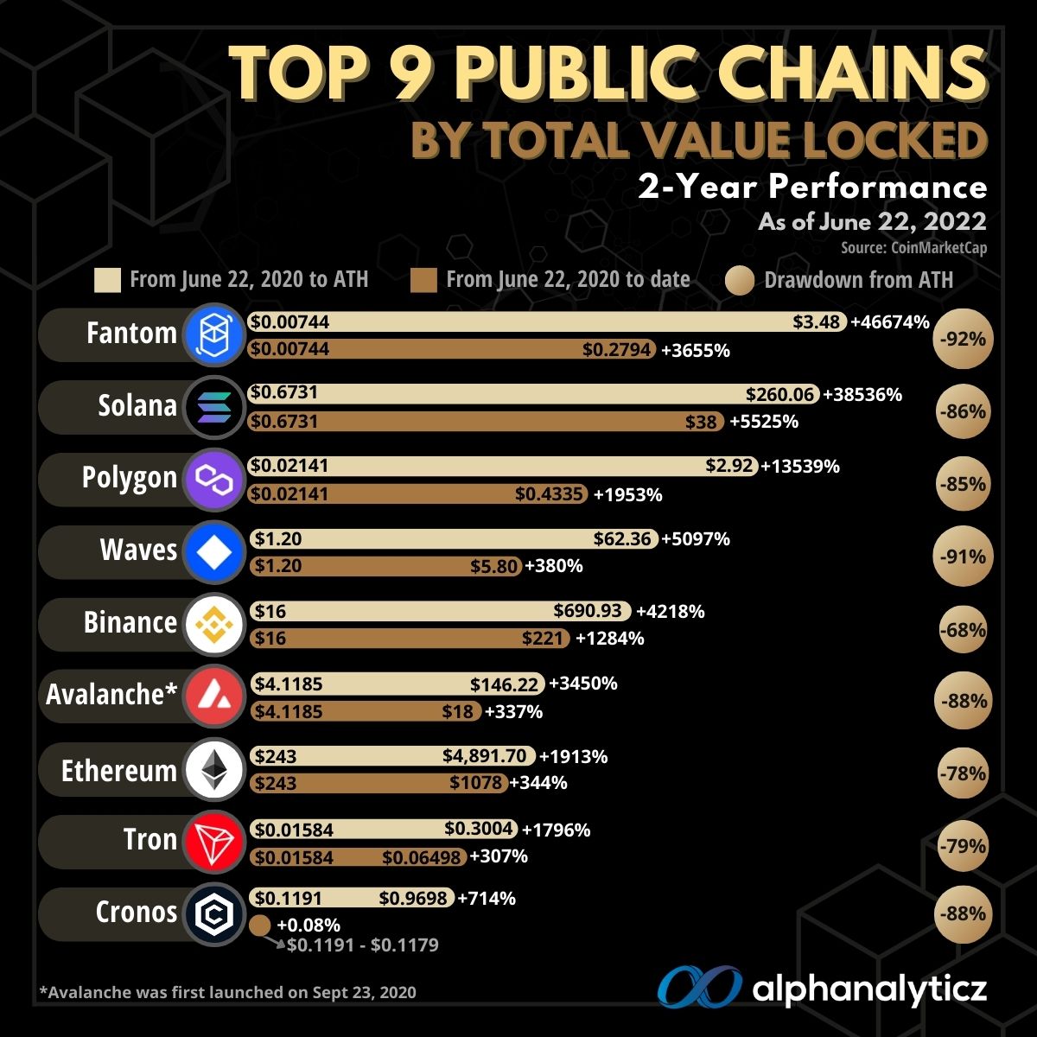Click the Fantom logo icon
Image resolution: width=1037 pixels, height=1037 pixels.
point(213,334)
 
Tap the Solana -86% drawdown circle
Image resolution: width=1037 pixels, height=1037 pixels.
point(964,411)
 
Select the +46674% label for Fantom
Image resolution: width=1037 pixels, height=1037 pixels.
point(890,322)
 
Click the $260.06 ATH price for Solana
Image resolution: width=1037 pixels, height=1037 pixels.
point(781,394)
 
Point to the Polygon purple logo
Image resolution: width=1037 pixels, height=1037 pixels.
point(213,478)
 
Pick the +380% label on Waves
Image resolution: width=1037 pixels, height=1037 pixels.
point(554,567)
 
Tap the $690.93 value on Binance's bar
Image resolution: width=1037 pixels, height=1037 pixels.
point(588,611)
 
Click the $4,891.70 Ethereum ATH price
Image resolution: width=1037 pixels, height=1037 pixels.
point(485,756)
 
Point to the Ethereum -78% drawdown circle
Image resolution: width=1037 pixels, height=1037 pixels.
point(964,773)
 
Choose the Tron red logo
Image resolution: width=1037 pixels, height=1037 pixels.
point(213,841)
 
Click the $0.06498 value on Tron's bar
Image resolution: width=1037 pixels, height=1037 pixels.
point(423,856)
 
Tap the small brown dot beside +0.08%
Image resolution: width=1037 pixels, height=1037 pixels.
point(259,926)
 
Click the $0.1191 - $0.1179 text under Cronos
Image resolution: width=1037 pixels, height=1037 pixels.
point(362,945)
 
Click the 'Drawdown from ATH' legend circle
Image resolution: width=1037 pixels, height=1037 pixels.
point(740,280)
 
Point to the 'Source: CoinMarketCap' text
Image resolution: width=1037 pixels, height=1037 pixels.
point(913,248)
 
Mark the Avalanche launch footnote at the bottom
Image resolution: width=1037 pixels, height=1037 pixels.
point(227,992)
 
